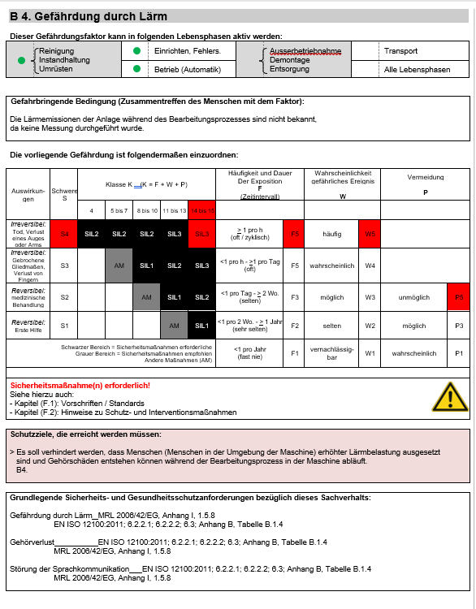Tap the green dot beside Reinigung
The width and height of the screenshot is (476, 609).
tap(22, 60)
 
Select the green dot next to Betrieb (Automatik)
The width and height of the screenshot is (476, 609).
tap(136, 69)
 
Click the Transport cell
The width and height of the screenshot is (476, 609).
tap(400, 51)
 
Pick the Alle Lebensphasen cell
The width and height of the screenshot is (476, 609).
tap(417, 70)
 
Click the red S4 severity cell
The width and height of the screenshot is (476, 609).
tap(64, 234)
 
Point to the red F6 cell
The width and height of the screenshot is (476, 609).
tap(296, 234)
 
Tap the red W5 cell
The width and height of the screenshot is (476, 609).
tap(370, 234)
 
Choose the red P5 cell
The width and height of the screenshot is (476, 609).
tap(459, 297)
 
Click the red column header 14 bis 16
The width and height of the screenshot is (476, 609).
tap(201, 209)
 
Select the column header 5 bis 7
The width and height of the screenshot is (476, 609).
tap(119, 209)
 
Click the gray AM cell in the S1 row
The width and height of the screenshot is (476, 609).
tap(174, 326)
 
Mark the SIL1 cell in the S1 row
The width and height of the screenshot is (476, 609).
tap(201, 326)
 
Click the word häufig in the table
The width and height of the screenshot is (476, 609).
tap(331, 234)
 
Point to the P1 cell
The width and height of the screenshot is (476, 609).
tap(459, 354)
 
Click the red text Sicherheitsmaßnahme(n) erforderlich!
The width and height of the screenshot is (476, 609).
tap(68, 384)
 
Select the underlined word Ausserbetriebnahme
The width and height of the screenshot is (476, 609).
tap(305, 51)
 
